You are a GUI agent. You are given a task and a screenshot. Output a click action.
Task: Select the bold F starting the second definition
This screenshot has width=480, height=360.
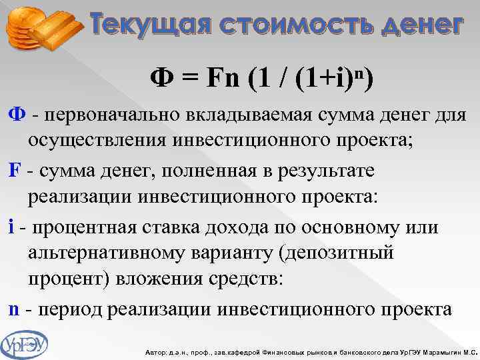point(13,171)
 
